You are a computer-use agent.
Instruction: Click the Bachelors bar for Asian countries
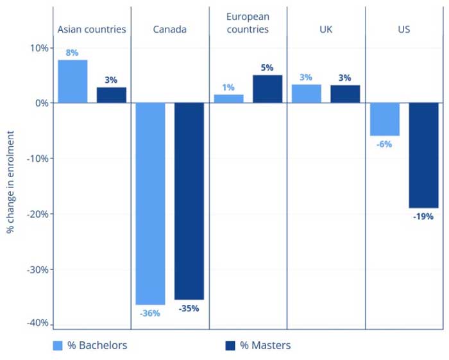72,81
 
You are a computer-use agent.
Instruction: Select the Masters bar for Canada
189,201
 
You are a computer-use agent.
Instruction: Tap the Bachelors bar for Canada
150,203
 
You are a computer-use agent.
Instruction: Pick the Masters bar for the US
423,155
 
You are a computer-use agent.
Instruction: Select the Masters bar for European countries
267,89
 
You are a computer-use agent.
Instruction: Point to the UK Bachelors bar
306,94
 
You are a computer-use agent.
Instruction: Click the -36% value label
149,313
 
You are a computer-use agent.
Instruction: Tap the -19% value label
423,217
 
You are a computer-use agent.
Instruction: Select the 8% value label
72,53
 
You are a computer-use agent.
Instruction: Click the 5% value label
267,67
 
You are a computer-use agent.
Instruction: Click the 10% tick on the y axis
38,48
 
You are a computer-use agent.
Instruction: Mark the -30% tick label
36,270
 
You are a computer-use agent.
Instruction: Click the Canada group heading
170,30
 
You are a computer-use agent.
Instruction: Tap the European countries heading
248,22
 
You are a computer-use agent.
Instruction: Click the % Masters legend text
265,346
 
